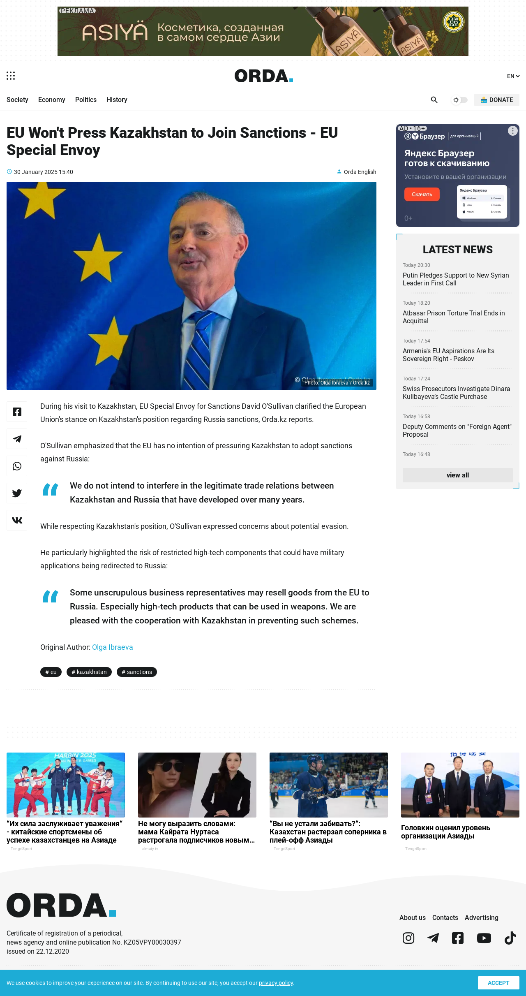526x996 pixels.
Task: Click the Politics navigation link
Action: click(x=85, y=100)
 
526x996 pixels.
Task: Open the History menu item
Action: click(x=117, y=100)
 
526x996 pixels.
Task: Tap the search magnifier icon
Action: click(x=434, y=100)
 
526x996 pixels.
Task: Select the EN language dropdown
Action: click(x=513, y=76)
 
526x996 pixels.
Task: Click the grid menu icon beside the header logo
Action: click(x=11, y=76)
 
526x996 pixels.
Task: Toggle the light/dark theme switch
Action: click(x=460, y=100)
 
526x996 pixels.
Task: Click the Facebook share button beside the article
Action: click(x=17, y=412)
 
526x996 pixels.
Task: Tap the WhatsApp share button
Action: click(x=17, y=466)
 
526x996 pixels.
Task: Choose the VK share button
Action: click(x=17, y=520)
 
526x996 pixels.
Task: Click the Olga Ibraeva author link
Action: click(x=112, y=647)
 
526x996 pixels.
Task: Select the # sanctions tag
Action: click(x=137, y=672)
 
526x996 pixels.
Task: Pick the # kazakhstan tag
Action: click(x=89, y=672)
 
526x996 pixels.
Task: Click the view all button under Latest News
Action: click(x=457, y=475)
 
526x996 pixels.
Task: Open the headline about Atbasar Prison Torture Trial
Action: click(x=454, y=317)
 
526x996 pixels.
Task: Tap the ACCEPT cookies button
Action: click(x=498, y=983)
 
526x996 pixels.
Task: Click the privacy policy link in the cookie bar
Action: click(x=276, y=983)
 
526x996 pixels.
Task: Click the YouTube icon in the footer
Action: click(x=484, y=938)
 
